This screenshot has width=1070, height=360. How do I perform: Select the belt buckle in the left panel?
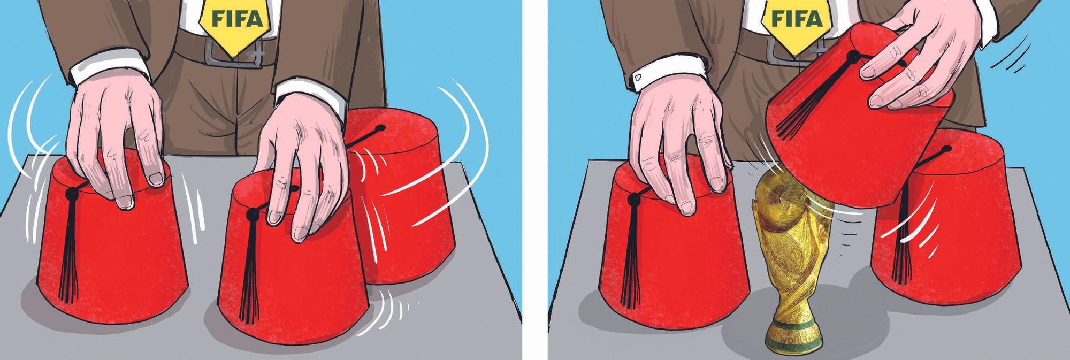(x=236, y=51)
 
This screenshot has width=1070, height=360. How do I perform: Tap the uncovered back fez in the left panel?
(x=401, y=198)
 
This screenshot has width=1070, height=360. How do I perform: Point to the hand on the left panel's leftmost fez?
(x=118, y=139)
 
